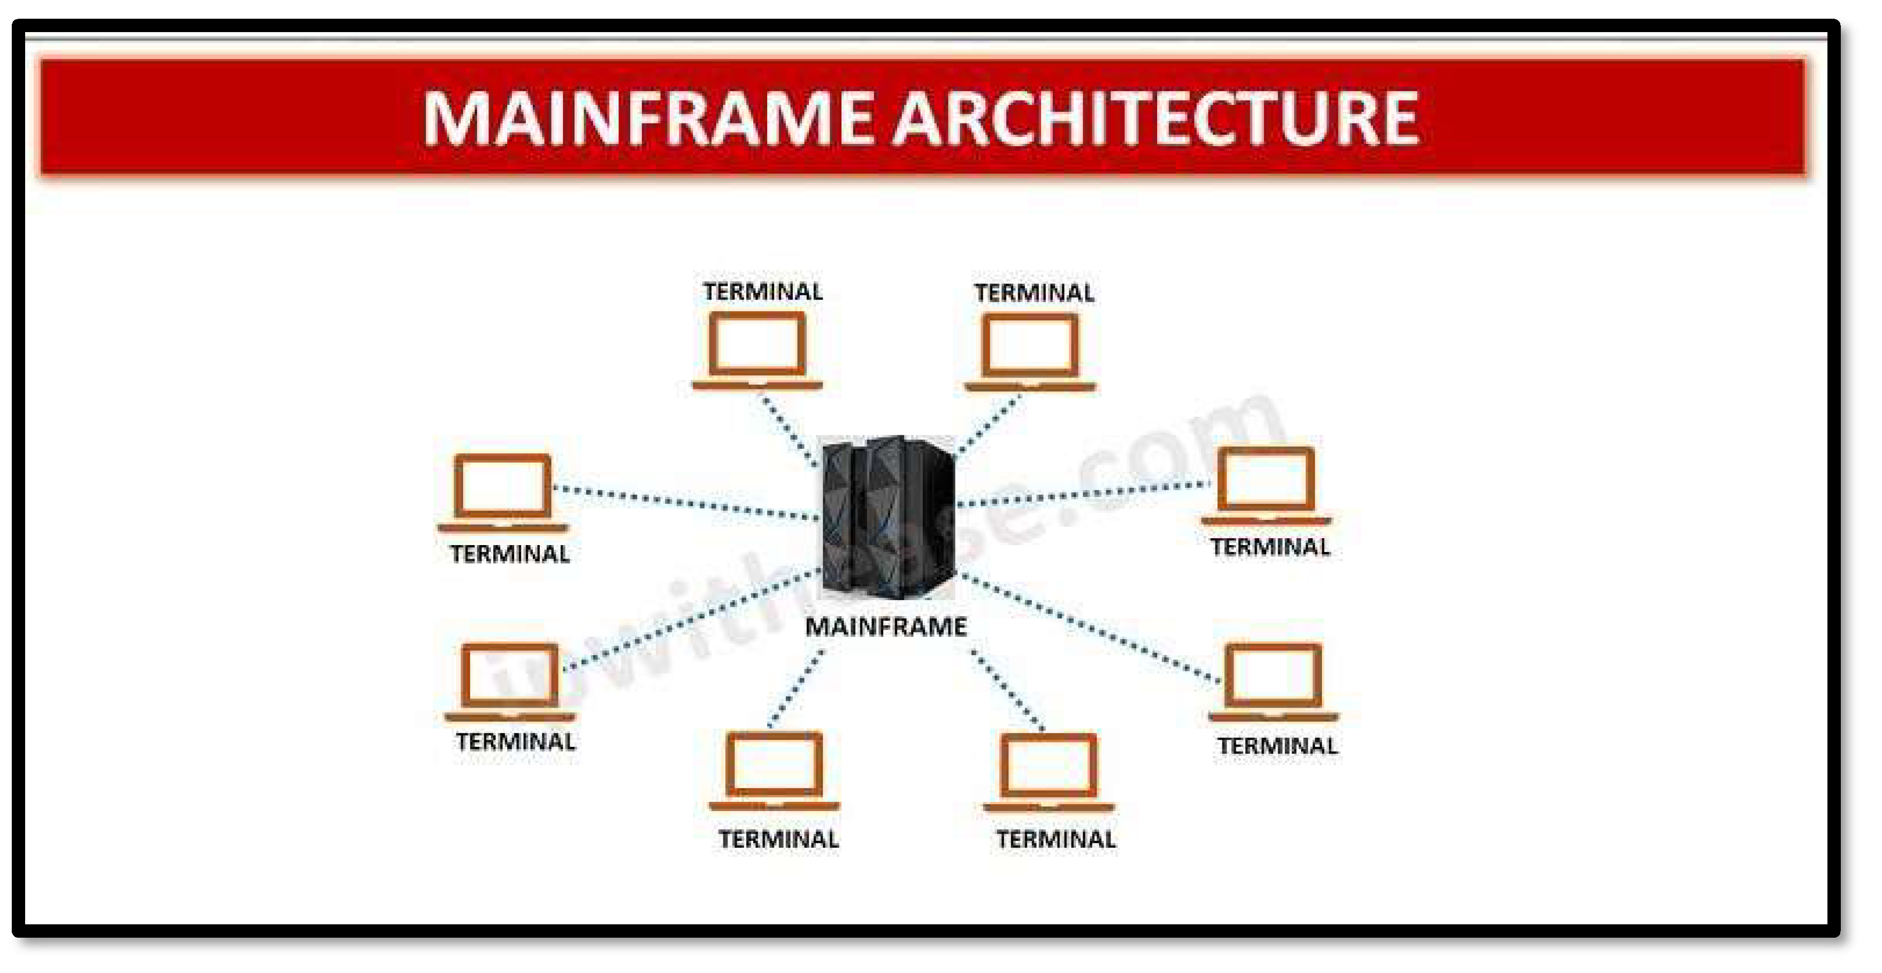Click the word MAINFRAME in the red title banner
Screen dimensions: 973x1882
pos(647,118)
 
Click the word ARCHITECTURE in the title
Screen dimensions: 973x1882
pos(1156,118)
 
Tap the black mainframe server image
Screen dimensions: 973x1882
pos(888,517)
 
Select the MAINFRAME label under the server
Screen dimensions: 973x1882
pos(885,627)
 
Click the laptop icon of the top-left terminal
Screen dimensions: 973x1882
pos(758,350)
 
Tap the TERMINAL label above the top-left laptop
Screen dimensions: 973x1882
pos(763,292)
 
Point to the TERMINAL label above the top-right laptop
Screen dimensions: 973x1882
pos(1034,293)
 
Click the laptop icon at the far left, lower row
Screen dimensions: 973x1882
pos(510,681)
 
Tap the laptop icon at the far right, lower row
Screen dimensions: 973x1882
pos(1273,681)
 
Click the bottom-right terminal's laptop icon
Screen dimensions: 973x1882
pos(1049,772)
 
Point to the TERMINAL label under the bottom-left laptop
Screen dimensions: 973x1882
pos(779,839)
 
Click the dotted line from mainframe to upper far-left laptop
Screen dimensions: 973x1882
pos(687,503)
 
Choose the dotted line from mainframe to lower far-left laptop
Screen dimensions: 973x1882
pos(691,618)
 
